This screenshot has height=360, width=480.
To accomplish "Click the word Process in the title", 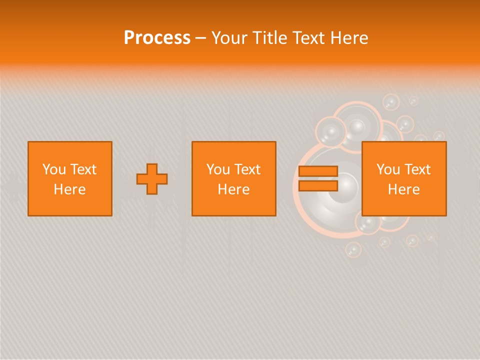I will coord(157,38).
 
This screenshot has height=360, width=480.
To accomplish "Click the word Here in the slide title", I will coord(349,38).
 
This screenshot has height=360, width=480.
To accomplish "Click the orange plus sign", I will coord(152,179).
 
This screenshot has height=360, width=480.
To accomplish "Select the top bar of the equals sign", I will coord(318,171).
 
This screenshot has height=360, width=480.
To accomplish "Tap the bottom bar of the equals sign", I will coord(318,186).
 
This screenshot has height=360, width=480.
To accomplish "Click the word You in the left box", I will coord(54,169).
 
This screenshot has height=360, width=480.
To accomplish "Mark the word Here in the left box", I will coord(69,189).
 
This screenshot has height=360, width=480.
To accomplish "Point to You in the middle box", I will coord(218,169).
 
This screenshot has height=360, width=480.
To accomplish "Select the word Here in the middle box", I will coord(233,189).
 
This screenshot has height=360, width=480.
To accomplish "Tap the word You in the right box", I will coord(388,169).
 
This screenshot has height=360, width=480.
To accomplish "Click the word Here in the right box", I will coord(403,189).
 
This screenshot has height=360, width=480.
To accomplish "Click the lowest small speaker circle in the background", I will coord(353,249).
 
